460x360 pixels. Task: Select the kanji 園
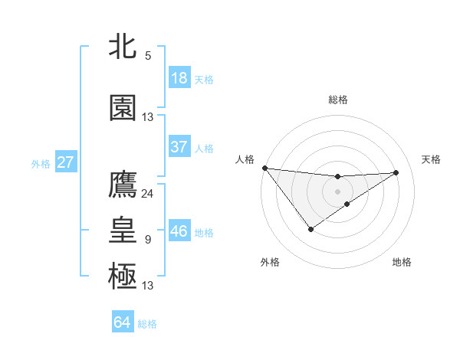pos(123,109)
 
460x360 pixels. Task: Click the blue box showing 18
pos(179,78)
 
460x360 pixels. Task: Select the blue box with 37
pos(179,147)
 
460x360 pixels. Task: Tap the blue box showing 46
pos(179,231)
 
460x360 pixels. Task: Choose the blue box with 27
pos(66,162)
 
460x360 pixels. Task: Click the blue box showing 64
pos(123,322)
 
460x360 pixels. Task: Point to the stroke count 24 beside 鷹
pos(148,194)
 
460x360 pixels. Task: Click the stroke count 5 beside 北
pos(148,56)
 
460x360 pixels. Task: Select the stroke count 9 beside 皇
pos(148,240)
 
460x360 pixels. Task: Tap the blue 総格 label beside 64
pos(148,324)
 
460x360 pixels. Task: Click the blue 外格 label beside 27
pos(41,164)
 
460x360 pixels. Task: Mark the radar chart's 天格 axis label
pos(432,159)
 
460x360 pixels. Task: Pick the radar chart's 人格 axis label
pos(245,159)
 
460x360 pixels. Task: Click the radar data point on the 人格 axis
pos(264,168)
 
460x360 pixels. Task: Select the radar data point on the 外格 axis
pos(310,229)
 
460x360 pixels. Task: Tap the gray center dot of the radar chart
pos(338,191)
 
